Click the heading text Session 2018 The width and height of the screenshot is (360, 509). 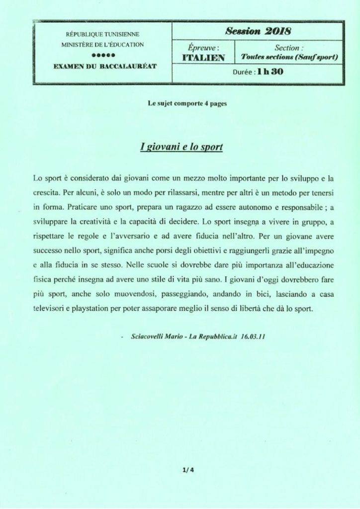(x=258, y=31)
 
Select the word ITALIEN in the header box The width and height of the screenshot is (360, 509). (x=204, y=58)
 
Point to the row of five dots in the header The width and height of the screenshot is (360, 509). (x=102, y=55)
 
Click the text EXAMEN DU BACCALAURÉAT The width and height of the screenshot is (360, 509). (x=102, y=65)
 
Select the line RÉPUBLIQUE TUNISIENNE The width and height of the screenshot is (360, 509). (x=102, y=35)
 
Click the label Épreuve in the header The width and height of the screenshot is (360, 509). (x=204, y=48)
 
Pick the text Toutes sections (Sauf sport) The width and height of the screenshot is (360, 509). (x=289, y=58)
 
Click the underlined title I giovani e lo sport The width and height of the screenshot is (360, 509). (x=180, y=148)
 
